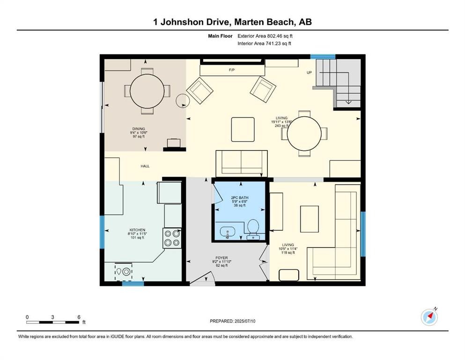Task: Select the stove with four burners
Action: click(x=171, y=238)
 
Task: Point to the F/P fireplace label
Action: click(x=231, y=70)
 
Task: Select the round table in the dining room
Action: click(x=147, y=91)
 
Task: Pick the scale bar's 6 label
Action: click(x=79, y=317)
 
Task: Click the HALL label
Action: click(x=145, y=166)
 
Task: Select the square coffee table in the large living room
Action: click(x=243, y=129)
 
